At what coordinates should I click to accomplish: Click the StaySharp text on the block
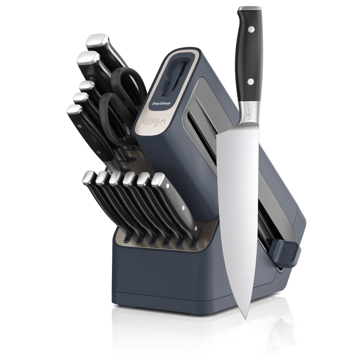click(161, 103)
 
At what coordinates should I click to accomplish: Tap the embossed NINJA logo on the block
click(152, 121)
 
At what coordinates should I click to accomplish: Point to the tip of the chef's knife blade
click(246, 319)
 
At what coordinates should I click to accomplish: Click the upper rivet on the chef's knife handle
click(251, 29)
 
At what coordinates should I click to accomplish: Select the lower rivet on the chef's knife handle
click(251, 81)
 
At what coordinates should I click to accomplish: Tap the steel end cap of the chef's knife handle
click(250, 9)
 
